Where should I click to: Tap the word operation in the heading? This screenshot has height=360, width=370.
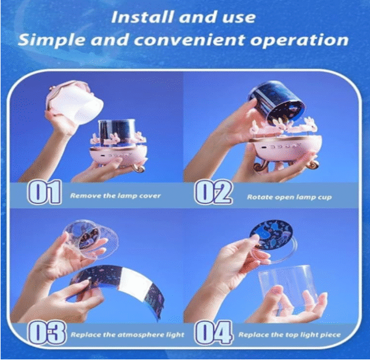(299, 40)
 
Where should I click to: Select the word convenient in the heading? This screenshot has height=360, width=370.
(189, 39)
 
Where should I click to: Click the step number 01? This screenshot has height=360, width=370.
(45, 192)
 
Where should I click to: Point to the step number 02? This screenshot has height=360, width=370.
(213, 192)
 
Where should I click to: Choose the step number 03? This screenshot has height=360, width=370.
(46, 332)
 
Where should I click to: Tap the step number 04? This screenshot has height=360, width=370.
(213, 332)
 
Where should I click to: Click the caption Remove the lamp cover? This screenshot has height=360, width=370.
(115, 195)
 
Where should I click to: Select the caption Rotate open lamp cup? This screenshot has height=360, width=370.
(289, 197)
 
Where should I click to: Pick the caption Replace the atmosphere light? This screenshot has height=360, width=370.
(128, 335)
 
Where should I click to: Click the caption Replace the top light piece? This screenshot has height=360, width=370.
(290, 335)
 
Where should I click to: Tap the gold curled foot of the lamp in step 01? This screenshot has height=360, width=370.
(139, 168)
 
